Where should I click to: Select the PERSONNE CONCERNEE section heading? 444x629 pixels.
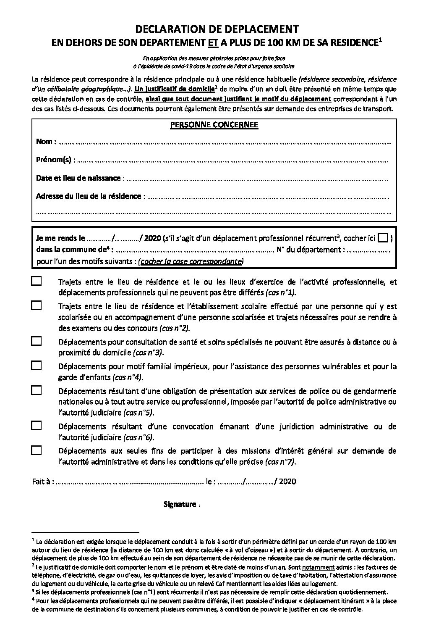[214, 125]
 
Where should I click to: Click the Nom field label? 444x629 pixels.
[44, 142]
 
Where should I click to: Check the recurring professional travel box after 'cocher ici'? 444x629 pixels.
[383, 238]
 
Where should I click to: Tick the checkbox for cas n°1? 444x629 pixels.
[37, 282]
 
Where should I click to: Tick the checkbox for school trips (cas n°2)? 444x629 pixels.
[37, 306]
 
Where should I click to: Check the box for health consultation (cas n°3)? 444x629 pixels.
[37, 341]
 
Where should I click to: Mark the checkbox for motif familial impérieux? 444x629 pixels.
[37, 366]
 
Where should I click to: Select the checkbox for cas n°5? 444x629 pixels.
[37, 390]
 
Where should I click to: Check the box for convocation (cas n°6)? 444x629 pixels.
[37, 426]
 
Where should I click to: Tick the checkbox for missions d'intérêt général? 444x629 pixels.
[37, 450]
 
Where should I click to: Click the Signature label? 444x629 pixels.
[180, 504]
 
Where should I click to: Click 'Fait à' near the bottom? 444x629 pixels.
[42, 482]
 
